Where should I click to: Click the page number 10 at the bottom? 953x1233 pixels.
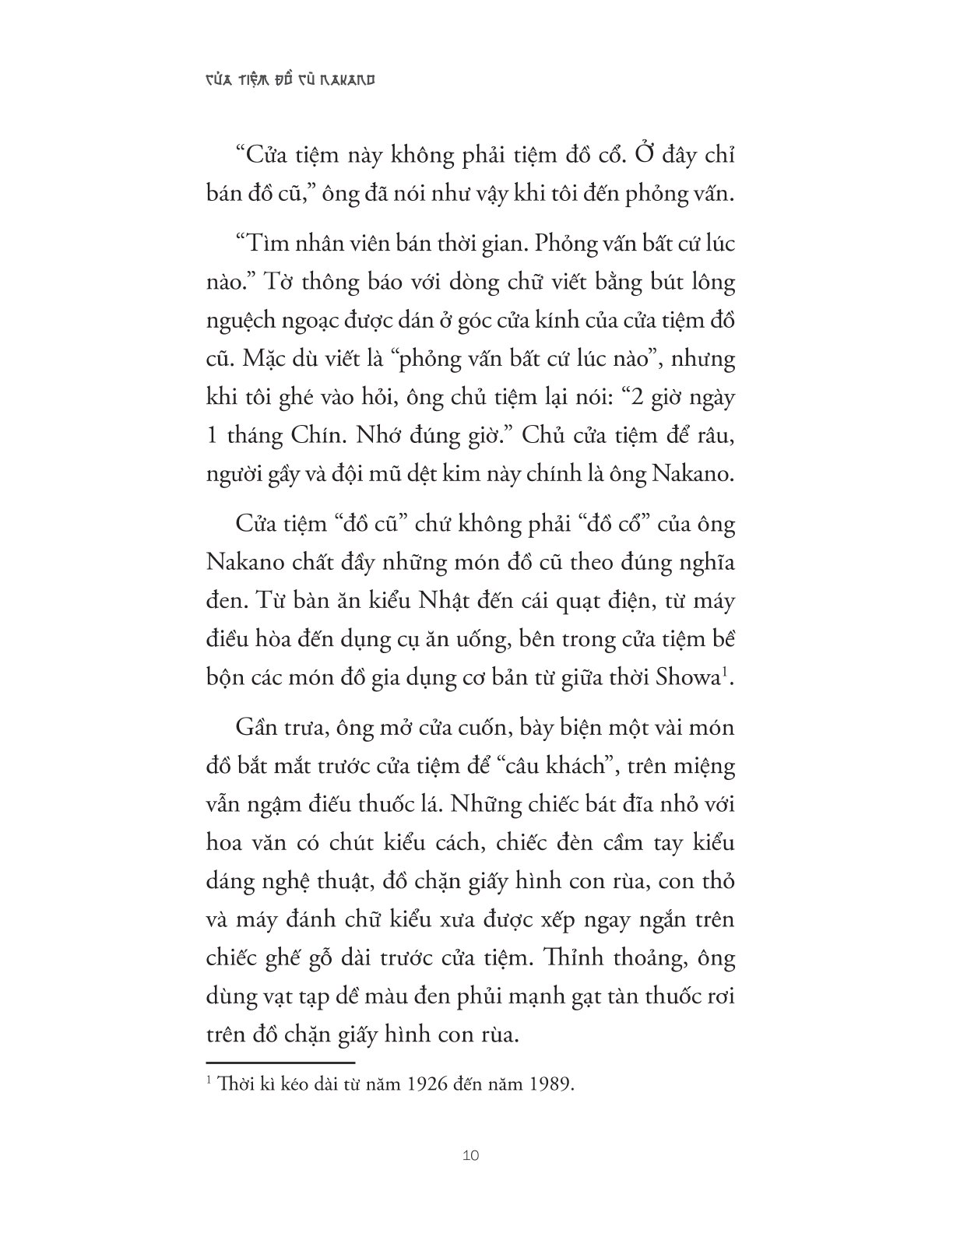pos(470,1154)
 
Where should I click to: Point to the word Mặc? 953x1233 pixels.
pos(269,360)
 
